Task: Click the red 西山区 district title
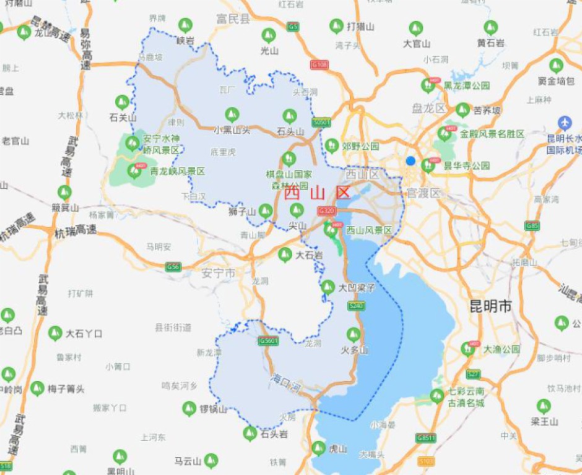(317, 192)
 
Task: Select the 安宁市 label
(218, 273)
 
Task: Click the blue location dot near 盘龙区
(410, 161)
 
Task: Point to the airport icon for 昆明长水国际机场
(564, 122)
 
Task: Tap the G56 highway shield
(173, 267)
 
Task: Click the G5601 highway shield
(269, 341)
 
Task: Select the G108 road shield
(319, 64)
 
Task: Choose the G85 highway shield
(531, 226)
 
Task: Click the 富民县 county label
(233, 19)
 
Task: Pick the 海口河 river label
(285, 384)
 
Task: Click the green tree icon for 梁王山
(544, 406)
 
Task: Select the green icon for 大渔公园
(469, 349)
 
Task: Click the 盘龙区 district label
(428, 108)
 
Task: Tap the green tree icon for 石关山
(122, 101)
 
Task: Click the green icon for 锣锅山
(189, 408)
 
